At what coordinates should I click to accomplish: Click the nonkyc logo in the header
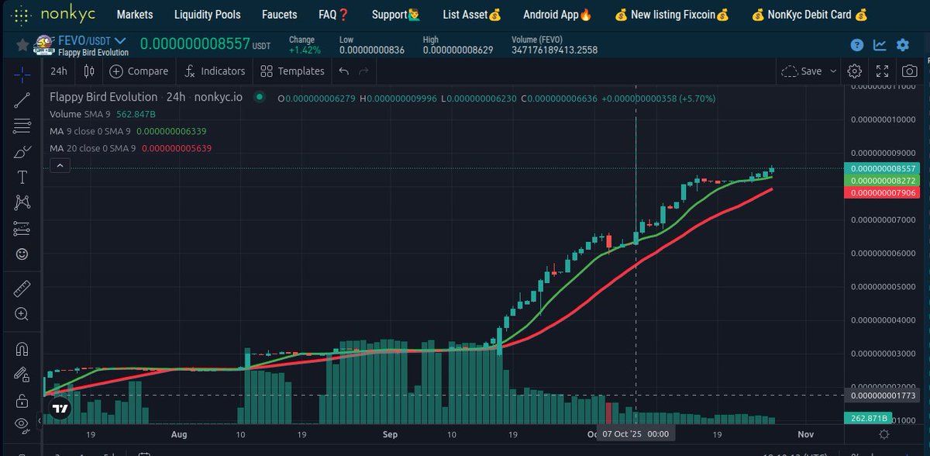pos(46,15)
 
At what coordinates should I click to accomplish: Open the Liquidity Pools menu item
pos(207,15)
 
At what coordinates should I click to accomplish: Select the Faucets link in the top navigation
pos(279,15)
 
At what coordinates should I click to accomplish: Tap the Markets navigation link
pos(134,15)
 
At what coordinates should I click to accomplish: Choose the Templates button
pos(292,71)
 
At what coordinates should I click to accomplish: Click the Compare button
pos(139,71)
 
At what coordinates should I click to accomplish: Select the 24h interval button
pos(59,71)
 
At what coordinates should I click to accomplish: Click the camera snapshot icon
pos(908,71)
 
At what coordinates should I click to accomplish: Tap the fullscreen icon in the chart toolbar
pos(882,71)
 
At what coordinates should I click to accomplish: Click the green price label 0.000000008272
pos(883,181)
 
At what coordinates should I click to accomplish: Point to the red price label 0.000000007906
pos(883,192)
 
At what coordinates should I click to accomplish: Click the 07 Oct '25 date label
pos(635,434)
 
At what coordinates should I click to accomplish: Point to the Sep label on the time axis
pos(390,435)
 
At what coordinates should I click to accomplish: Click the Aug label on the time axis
pos(179,435)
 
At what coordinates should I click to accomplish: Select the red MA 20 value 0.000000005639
pos(175,148)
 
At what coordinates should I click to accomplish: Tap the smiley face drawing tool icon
pos(22,254)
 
